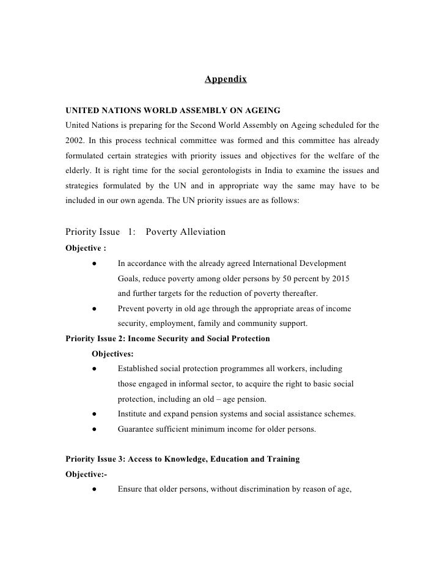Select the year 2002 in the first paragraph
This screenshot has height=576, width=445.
[x=75, y=141]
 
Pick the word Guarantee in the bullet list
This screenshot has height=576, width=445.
[x=136, y=429]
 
